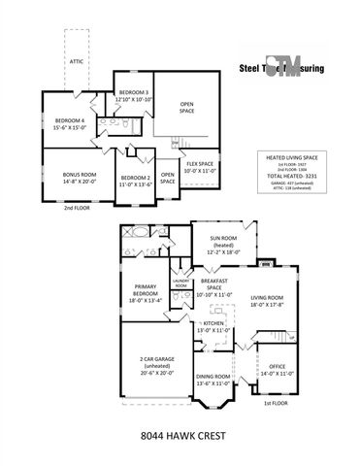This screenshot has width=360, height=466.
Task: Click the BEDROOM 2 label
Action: (x=134, y=177)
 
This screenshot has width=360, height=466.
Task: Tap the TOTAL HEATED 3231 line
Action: (x=291, y=176)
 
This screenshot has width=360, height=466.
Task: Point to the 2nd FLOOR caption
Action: (x=78, y=208)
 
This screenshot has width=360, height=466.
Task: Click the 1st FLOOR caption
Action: (x=277, y=401)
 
